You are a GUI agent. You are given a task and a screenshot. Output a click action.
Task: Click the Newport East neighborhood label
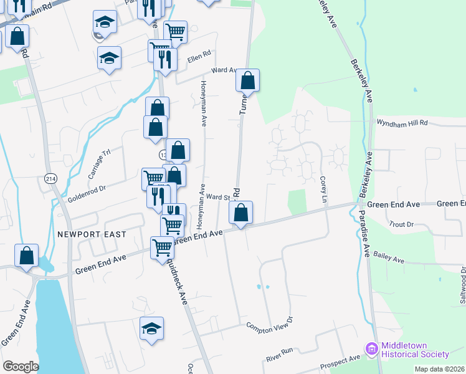[x=92, y=234]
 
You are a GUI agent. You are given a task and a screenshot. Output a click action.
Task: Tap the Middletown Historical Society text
[x=416, y=350]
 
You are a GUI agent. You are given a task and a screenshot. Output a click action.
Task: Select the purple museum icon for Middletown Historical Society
[x=373, y=348]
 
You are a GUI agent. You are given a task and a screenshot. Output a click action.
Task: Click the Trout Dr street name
[x=401, y=224]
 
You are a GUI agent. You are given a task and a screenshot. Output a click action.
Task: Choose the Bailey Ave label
[x=389, y=260]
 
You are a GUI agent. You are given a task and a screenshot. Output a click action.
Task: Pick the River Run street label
[x=279, y=355]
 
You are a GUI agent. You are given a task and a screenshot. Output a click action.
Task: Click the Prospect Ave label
[x=340, y=362]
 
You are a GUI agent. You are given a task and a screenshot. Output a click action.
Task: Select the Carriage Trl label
[x=98, y=164]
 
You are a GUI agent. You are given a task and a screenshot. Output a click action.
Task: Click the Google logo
[x=21, y=367]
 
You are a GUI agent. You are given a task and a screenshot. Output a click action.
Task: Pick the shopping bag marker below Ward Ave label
[x=248, y=80]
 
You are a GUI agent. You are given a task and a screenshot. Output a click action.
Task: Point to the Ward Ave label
[x=225, y=70]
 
